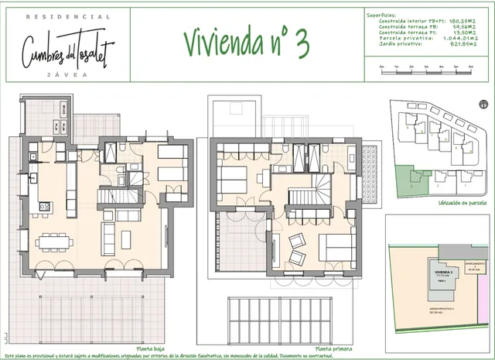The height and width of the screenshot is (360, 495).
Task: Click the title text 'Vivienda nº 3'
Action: click(247, 43)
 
